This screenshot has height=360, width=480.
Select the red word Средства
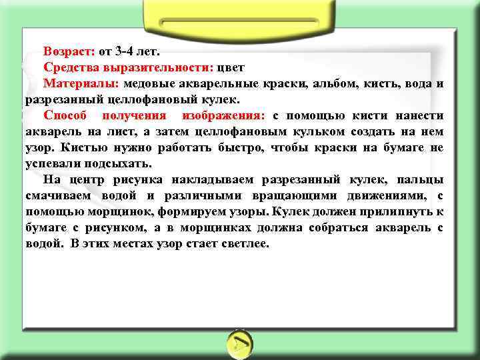(x=70, y=67)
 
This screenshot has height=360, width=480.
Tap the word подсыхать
(x=120, y=164)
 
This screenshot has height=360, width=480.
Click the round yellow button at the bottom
(x=240, y=343)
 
